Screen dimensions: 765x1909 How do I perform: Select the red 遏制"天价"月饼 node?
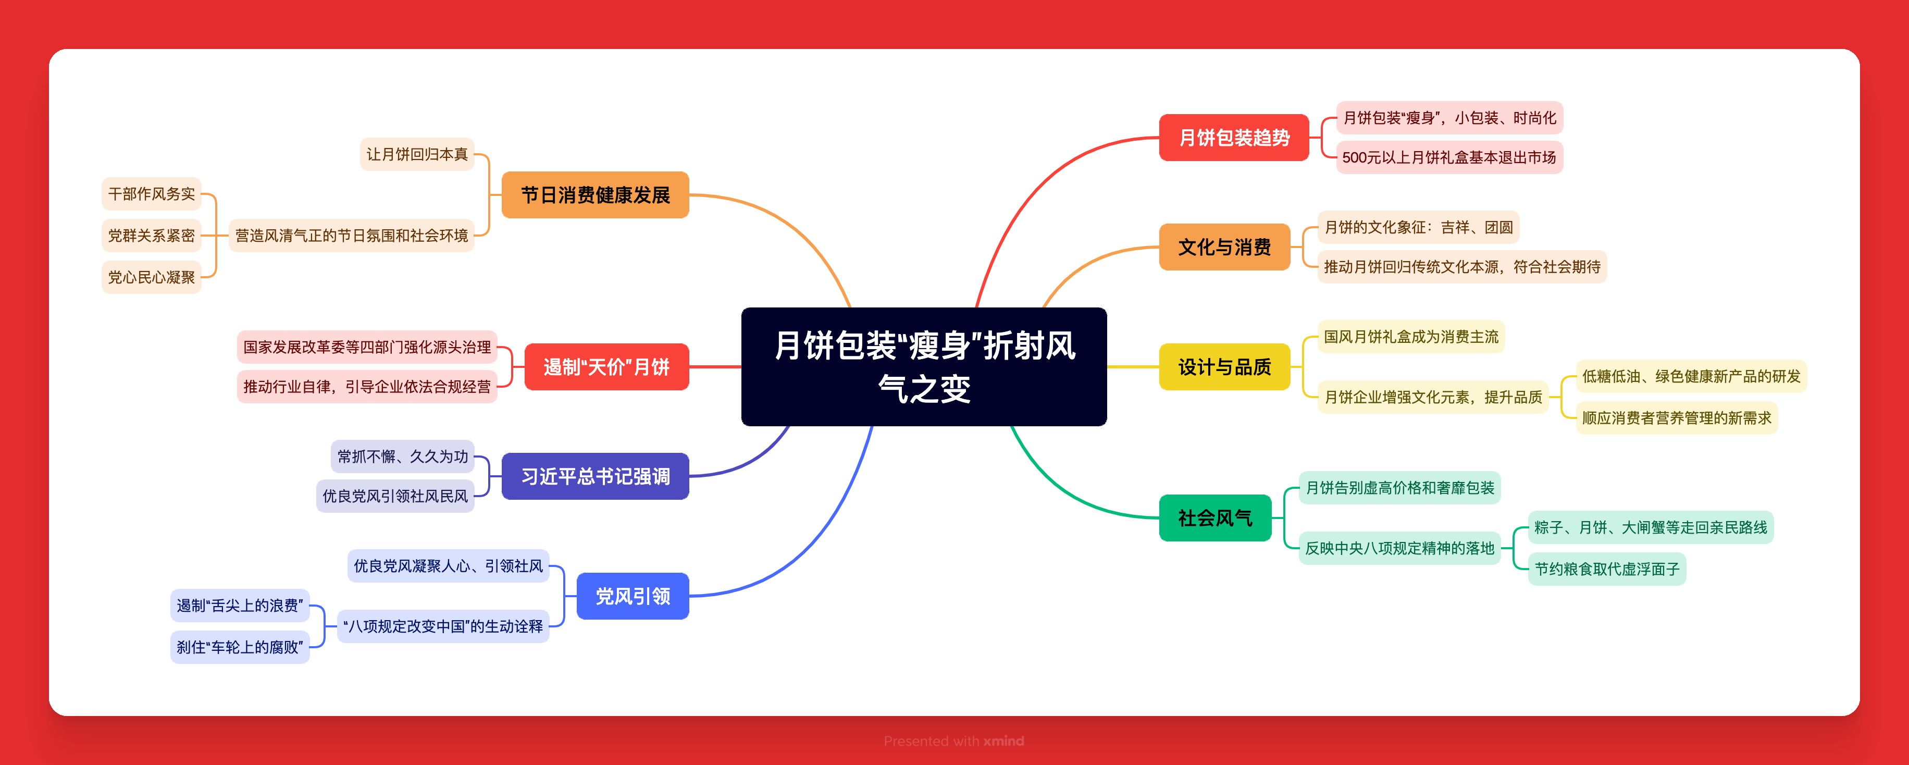606,367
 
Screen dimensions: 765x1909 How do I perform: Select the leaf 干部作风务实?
151,194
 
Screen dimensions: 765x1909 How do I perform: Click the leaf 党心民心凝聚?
151,277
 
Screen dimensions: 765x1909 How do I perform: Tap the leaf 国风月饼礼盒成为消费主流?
1410,337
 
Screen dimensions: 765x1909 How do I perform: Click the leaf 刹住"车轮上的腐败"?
239,647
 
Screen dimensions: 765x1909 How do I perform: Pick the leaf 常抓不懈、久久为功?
402,456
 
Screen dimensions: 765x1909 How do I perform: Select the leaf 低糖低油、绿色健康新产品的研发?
1690,376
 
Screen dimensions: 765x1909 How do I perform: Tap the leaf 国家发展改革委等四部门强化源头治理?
367,347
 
